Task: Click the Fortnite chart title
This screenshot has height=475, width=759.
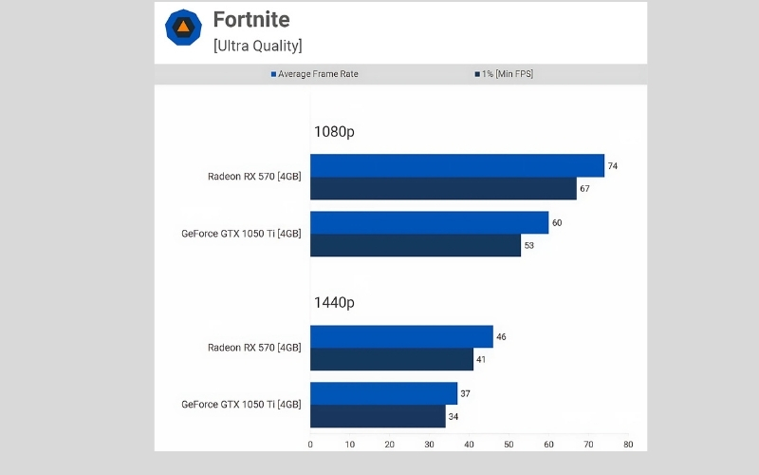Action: coord(250,20)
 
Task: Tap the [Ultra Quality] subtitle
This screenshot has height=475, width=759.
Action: coord(257,45)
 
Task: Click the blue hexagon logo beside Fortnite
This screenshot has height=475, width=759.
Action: coord(182,28)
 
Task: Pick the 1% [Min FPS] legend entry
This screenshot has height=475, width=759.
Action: coord(503,74)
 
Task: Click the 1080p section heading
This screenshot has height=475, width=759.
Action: coord(334,133)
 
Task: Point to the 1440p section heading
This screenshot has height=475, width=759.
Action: coord(334,303)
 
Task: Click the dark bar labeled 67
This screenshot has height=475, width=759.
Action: coord(443,188)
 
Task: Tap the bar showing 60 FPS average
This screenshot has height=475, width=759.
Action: coord(429,222)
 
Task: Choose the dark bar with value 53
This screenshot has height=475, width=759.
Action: coord(416,245)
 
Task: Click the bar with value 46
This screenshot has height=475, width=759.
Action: coord(401,336)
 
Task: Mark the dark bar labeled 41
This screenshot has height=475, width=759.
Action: coord(392,359)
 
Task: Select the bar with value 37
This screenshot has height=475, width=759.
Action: coord(383,393)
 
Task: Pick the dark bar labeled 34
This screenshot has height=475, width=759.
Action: coord(378,416)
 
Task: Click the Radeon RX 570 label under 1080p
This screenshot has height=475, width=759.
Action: coord(254,177)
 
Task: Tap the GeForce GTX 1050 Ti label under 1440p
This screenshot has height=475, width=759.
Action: coord(241,405)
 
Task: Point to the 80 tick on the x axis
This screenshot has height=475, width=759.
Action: coord(627,444)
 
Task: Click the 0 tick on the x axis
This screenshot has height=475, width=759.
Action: coord(310,444)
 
